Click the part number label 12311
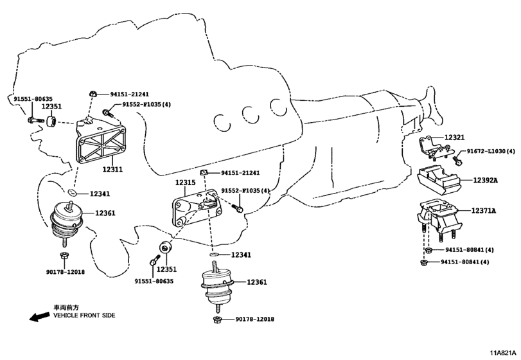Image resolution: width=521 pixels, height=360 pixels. [112, 169]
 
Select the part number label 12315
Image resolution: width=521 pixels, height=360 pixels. [186, 183]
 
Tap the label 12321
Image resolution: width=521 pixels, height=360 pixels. [455, 138]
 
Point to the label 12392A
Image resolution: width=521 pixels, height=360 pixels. [486, 180]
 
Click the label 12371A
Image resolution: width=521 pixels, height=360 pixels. [484, 210]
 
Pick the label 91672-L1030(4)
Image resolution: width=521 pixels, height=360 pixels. [491, 151]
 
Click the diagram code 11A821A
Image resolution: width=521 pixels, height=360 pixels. [504, 353]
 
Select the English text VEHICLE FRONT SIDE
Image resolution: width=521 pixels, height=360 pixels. [84, 315]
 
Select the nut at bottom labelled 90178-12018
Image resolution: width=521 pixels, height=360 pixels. [217, 319]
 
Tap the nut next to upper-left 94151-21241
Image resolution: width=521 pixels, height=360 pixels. [93, 93]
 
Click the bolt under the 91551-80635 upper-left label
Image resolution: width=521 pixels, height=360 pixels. [35, 120]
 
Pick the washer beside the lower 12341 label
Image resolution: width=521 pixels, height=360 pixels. [215, 255]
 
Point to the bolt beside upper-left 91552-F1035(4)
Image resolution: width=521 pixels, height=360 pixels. [107, 113]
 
